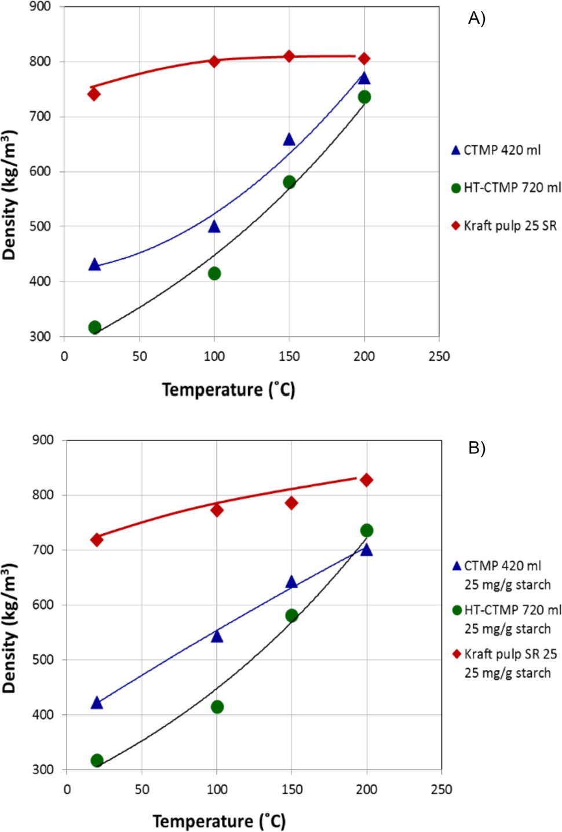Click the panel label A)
(476, 19)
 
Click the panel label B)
(476, 448)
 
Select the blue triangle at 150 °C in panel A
(289, 140)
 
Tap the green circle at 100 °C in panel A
(214, 273)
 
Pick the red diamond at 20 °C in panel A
(94, 94)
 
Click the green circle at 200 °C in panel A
(364, 97)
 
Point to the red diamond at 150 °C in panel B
(291, 503)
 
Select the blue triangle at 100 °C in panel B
(217, 636)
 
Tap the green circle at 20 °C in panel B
(97, 760)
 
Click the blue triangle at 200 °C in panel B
(366, 549)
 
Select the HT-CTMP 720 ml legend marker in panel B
(457, 610)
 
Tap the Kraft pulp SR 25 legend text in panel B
(510, 654)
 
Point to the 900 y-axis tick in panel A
(41, 7)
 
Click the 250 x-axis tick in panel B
(441, 789)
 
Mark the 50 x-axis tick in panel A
(139, 356)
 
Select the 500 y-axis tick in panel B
(43, 659)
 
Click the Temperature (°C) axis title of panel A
(228, 390)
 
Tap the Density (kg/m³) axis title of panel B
(9, 628)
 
